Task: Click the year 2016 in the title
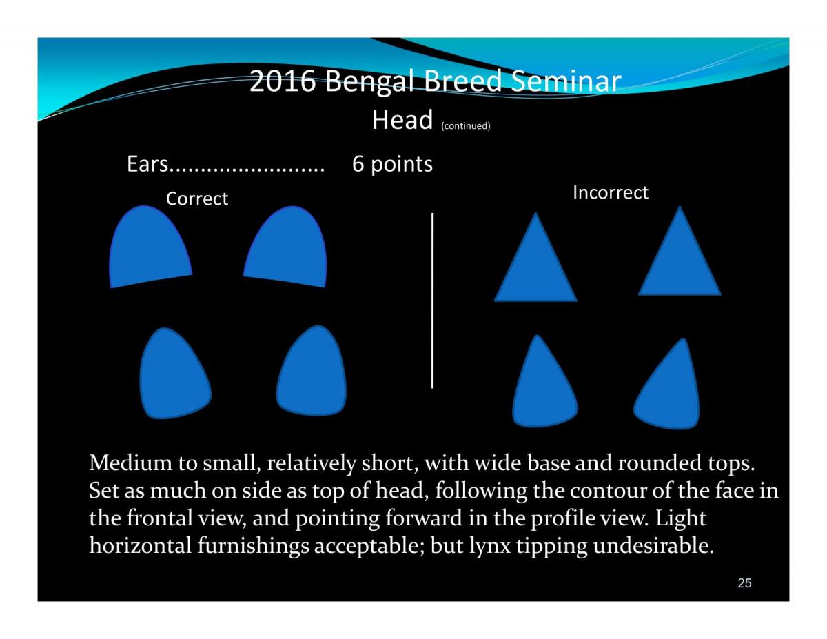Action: pyautogui.click(x=283, y=81)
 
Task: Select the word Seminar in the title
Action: pyautogui.click(x=566, y=81)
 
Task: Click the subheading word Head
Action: pyautogui.click(x=402, y=119)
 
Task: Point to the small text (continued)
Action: pyautogui.click(x=465, y=125)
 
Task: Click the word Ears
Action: pyautogui.click(x=147, y=163)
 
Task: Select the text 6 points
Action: pyautogui.click(x=392, y=164)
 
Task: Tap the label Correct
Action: pyautogui.click(x=197, y=199)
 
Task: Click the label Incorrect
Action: pyautogui.click(x=610, y=192)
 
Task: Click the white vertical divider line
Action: pyautogui.click(x=432, y=301)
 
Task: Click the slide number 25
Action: pyautogui.click(x=744, y=583)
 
